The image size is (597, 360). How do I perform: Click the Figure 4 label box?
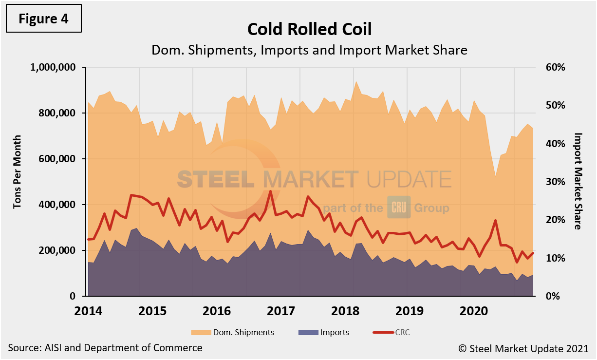tap(43, 19)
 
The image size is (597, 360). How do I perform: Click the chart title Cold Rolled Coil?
tap(309, 29)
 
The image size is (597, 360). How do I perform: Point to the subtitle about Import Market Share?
tap(309, 50)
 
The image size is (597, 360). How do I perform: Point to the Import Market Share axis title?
tap(578, 181)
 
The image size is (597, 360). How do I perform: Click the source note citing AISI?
tap(105, 348)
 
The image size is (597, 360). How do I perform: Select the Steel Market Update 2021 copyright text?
tap(523, 348)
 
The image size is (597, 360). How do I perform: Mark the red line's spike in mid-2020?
tap(495, 220)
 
